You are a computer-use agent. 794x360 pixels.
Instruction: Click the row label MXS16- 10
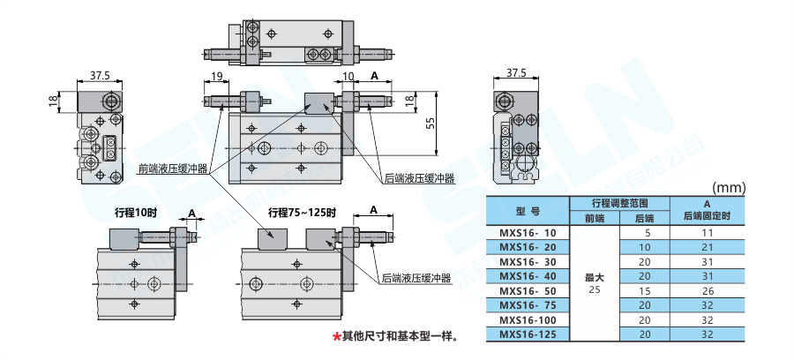[x=528, y=234]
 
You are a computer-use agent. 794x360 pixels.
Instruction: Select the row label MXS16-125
[x=528, y=334]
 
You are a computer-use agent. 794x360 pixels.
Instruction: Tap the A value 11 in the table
[x=707, y=234]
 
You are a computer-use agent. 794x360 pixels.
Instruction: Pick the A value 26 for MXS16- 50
[x=707, y=291]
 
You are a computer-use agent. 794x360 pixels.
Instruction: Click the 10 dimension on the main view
[x=348, y=77]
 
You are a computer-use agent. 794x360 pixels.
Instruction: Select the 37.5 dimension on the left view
[x=100, y=75]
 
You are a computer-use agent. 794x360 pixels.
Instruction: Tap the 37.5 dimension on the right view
[x=516, y=72]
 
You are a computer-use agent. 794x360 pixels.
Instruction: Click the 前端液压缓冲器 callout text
[x=173, y=169]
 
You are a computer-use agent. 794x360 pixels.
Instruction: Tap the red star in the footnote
[x=336, y=336]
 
